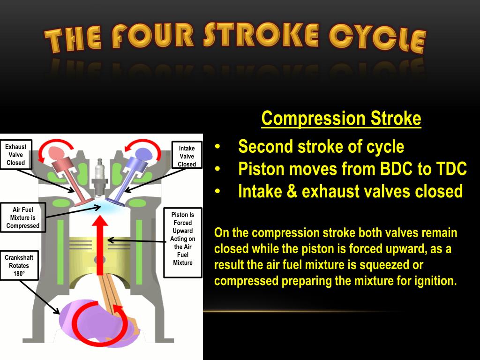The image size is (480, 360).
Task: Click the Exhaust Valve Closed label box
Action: tap(16, 155)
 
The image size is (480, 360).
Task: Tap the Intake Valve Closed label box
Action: tap(187, 156)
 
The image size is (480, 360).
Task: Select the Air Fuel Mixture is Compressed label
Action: tap(23, 218)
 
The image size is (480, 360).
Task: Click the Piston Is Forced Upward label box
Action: tap(183, 239)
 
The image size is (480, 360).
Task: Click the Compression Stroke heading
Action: tap(341, 118)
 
